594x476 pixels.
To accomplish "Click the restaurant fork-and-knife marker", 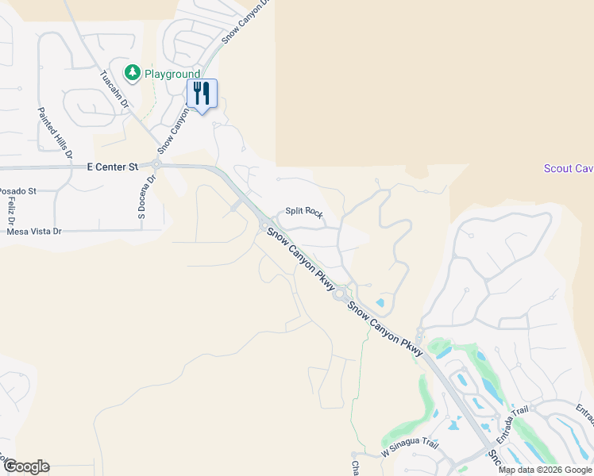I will pyautogui.click(x=202, y=94).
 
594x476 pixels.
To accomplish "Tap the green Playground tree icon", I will pyautogui.click(x=132, y=74).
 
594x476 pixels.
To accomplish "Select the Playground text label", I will pyautogui.click(x=172, y=74).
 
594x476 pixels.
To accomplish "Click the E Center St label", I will pyautogui.click(x=112, y=167).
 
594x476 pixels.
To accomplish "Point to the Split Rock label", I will pyautogui.click(x=304, y=213).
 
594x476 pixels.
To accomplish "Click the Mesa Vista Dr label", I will pyautogui.click(x=33, y=232).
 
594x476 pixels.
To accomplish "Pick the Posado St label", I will pyautogui.click(x=17, y=191).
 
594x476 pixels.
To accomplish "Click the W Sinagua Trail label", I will pyautogui.click(x=409, y=450).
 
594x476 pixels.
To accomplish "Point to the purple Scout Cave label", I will pyautogui.click(x=569, y=168).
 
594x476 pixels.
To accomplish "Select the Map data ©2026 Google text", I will pyautogui.click(x=545, y=470).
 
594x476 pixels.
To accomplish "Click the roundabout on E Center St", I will pyautogui.click(x=157, y=165).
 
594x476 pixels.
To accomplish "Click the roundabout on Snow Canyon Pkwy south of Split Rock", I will pyautogui.click(x=340, y=295).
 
